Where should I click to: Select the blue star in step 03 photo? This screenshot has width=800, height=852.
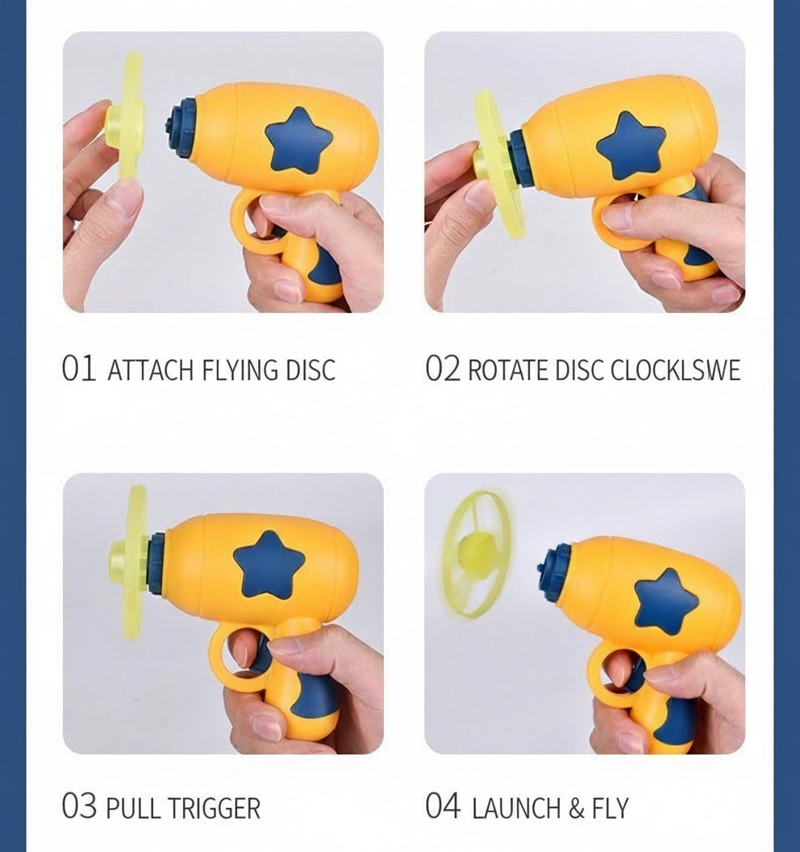click(x=269, y=565)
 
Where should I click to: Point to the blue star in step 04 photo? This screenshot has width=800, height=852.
click(x=666, y=601)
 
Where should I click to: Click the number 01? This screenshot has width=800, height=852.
click(x=78, y=370)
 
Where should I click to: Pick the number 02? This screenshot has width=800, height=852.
click(x=442, y=370)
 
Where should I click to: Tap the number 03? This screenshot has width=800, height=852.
click(x=79, y=807)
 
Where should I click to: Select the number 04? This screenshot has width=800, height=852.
click(x=443, y=807)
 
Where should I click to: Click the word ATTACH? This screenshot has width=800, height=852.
click(x=150, y=370)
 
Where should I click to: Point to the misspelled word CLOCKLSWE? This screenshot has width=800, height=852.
click(x=675, y=370)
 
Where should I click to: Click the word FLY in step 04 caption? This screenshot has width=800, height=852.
click(x=610, y=808)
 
